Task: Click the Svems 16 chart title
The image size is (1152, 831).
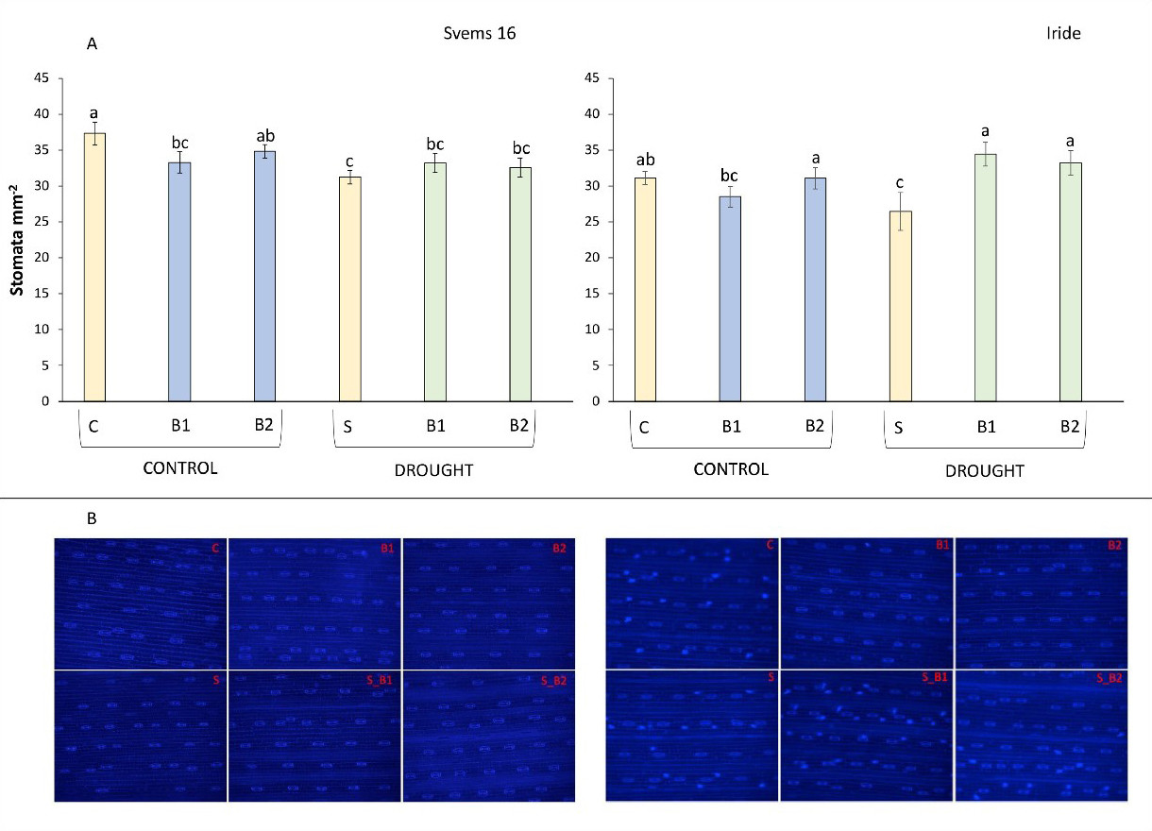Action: pyautogui.click(x=480, y=33)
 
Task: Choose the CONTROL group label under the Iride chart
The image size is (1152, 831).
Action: pyautogui.click(x=730, y=469)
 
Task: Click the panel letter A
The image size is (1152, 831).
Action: pyautogui.click(x=92, y=43)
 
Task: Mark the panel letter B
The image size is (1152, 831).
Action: pyautogui.click(x=92, y=518)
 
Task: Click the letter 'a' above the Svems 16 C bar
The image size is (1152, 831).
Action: pyautogui.click(x=94, y=112)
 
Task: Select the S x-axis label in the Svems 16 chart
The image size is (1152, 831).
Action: pyautogui.click(x=349, y=426)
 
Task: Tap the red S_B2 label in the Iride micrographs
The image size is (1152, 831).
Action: pyautogui.click(x=1110, y=678)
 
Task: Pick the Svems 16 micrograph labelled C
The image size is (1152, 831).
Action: pyautogui.click(x=140, y=603)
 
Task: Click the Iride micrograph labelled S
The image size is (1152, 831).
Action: pyautogui.click(x=691, y=735)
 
